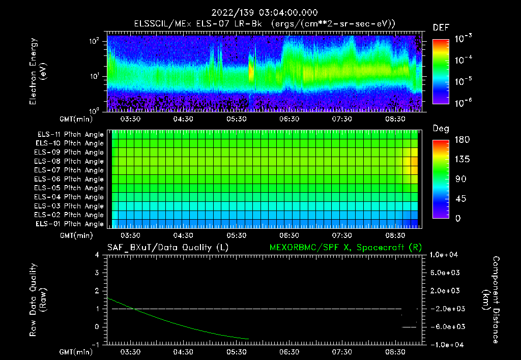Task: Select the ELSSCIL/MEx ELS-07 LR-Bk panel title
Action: coord(264,23)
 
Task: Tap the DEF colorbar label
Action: coord(441,27)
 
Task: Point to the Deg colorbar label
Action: coord(441,129)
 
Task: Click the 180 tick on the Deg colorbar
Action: coord(461,140)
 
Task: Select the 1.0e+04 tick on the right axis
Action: coord(446,255)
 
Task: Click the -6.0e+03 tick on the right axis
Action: coord(446,326)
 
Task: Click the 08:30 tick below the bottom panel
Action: coord(395,352)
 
